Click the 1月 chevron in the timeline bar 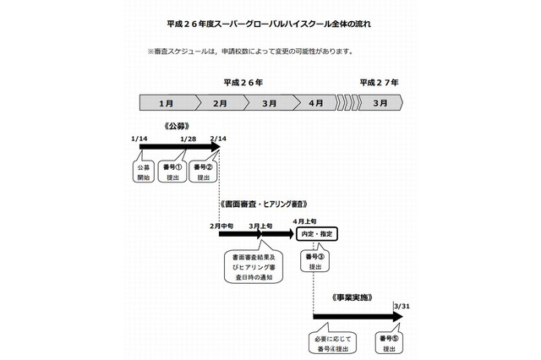(x=167, y=103)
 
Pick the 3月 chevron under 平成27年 (x=380, y=103)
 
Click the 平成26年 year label (x=243, y=83)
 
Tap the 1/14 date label (x=140, y=138)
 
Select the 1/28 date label (x=189, y=138)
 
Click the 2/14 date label (x=218, y=138)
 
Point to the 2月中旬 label (x=221, y=226)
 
